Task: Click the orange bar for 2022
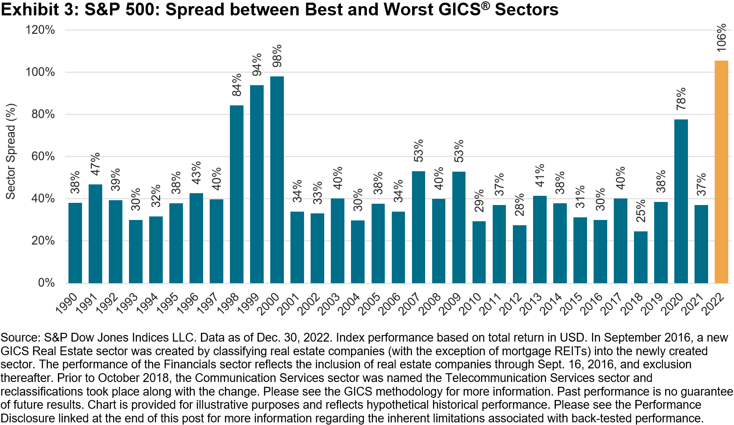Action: point(721,172)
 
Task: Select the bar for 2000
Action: point(277,180)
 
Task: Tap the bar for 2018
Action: point(641,257)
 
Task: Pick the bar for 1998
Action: point(236,194)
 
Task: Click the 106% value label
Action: point(721,38)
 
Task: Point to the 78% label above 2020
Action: point(681,99)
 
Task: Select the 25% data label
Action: point(641,211)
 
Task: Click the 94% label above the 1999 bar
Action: point(257,65)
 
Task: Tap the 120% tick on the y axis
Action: point(40,30)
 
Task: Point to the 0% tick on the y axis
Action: point(46,282)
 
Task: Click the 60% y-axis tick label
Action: point(43,156)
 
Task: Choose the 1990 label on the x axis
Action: point(67,303)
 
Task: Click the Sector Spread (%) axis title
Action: point(10,151)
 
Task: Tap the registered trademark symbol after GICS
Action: point(485,6)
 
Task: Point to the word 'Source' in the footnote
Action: point(19,338)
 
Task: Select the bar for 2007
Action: point(419,227)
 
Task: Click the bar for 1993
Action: point(136,251)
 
